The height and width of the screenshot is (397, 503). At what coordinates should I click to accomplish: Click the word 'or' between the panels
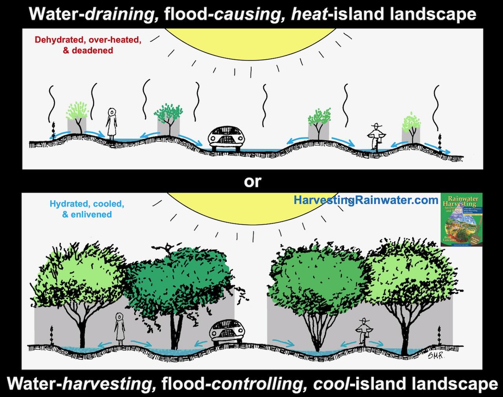point(252,181)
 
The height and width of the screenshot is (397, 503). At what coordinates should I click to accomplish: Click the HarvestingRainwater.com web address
point(365,200)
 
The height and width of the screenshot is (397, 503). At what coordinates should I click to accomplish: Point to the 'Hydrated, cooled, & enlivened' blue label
point(87,209)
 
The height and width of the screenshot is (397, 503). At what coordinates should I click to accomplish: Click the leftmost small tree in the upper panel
point(77,118)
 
